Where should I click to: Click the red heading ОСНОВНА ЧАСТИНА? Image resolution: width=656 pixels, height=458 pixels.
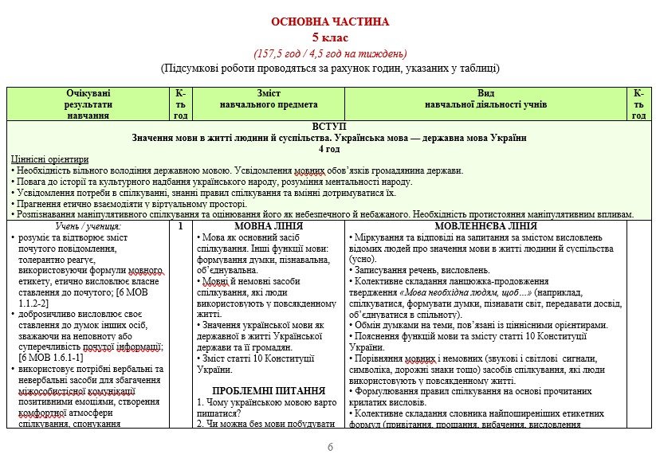(x=329, y=22)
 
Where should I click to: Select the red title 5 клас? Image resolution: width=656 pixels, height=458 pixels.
(x=329, y=37)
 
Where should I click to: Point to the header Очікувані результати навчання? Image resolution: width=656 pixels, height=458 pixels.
(x=88, y=104)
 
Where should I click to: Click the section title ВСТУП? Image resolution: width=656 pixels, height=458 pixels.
(x=329, y=127)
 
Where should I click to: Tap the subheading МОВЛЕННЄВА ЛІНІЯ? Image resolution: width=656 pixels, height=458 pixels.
(x=486, y=227)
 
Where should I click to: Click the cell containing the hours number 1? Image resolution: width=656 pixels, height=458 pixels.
(x=181, y=227)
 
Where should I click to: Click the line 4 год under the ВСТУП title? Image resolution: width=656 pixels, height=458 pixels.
(x=329, y=149)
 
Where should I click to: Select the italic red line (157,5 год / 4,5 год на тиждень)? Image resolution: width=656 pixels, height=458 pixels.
(x=329, y=53)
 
